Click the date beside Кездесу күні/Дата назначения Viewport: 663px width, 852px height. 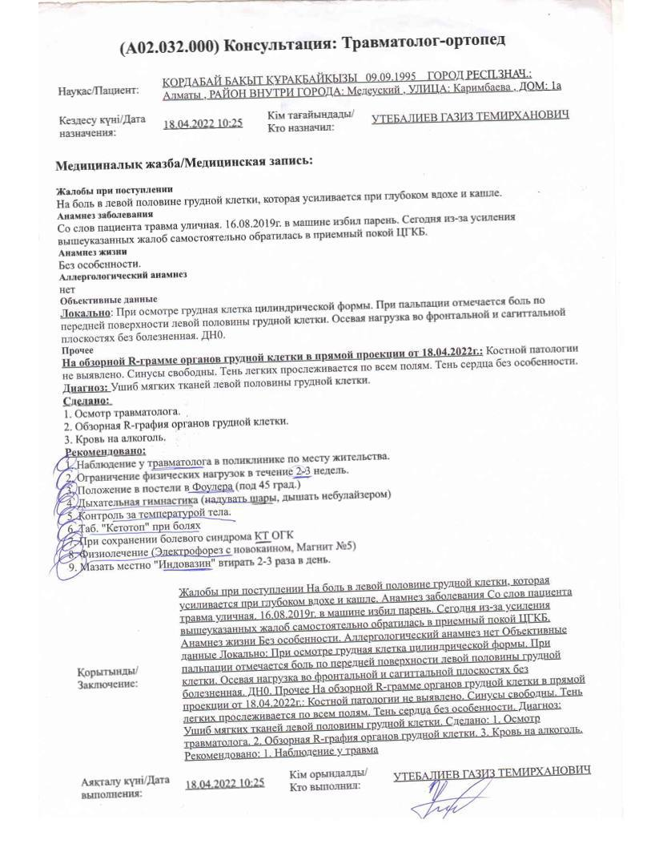[x=203, y=124]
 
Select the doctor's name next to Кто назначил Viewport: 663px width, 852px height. [x=471, y=116]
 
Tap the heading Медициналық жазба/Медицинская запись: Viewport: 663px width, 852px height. [x=183, y=163]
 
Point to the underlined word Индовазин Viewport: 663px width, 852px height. [x=188, y=563]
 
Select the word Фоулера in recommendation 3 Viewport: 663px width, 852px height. [x=211, y=487]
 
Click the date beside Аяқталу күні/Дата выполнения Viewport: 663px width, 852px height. [x=224, y=783]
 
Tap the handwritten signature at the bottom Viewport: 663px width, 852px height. [x=438, y=802]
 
